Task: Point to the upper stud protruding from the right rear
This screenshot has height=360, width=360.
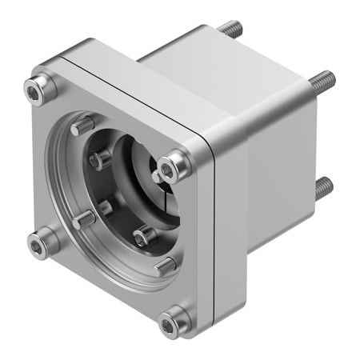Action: pos(322,79)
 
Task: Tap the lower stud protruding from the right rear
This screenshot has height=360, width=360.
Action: pos(322,188)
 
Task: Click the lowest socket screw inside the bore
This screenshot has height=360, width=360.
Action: pos(142,236)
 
